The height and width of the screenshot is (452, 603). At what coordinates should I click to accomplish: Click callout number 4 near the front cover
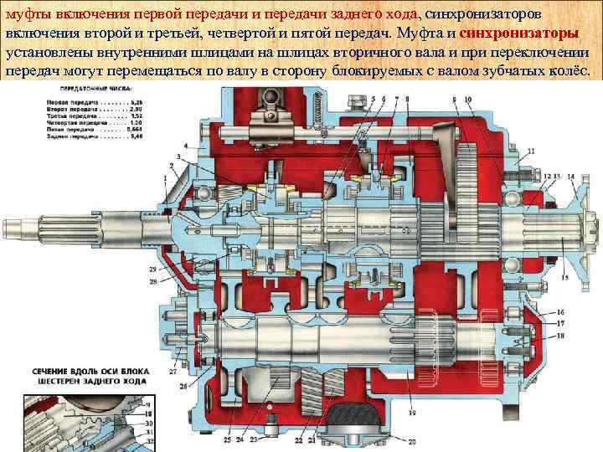pos(186,146)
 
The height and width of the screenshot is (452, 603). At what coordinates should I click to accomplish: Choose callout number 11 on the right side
pos(524,176)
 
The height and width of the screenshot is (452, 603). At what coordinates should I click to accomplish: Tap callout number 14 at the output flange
pos(571,176)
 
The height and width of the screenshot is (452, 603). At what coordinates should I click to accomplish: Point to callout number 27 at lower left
pos(174,370)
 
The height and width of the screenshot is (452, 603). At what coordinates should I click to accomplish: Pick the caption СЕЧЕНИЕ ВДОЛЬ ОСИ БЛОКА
pos(80,370)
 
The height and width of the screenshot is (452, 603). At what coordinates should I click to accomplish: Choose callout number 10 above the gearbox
pos(467,100)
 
